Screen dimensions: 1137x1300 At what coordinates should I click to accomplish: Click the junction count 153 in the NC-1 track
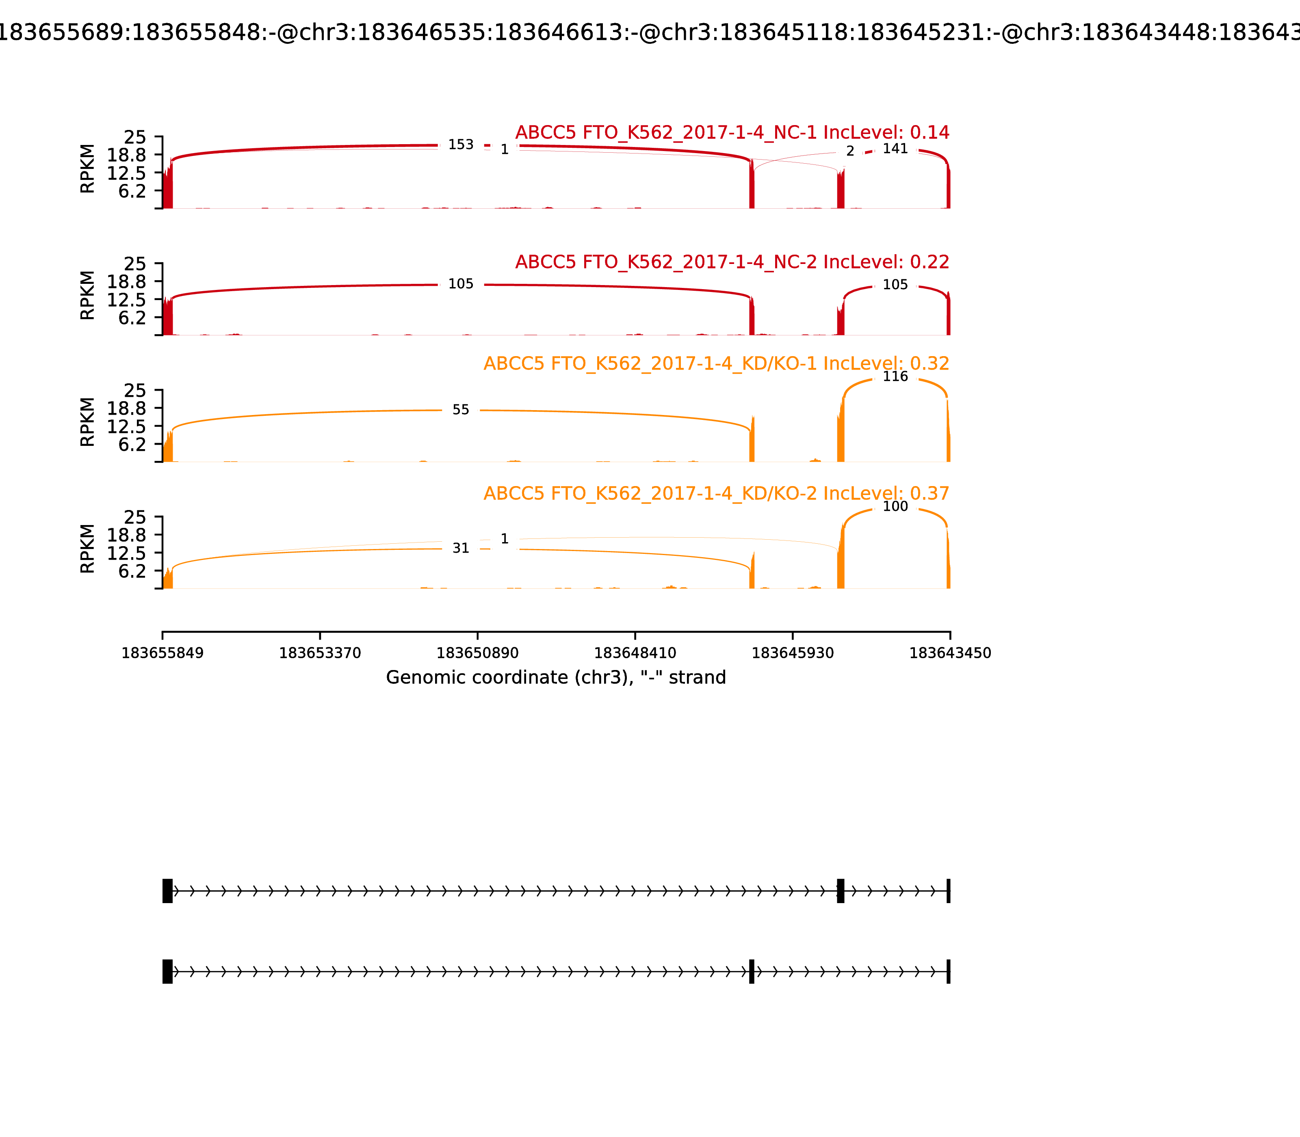[461, 145]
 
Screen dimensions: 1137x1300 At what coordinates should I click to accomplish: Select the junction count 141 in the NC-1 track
[895, 149]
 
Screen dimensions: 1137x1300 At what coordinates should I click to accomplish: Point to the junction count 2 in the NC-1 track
[850, 151]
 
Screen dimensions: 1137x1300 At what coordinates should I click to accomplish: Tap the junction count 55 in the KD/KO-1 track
[461, 410]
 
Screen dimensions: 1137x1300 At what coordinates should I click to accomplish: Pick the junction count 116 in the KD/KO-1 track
[895, 376]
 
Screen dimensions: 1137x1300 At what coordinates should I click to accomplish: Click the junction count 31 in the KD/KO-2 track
[461, 548]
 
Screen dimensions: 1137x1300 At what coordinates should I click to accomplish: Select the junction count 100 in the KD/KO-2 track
[895, 506]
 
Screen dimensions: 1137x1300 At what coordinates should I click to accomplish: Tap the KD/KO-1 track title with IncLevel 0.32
[716, 363]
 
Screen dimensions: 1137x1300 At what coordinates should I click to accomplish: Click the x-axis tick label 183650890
[477, 653]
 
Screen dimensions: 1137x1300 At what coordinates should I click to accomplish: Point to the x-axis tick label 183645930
[792, 653]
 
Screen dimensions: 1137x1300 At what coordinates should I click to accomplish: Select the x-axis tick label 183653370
[320, 653]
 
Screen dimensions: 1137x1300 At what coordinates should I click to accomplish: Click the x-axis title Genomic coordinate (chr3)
[555, 678]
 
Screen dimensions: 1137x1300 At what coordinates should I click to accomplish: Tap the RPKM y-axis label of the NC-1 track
[88, 169]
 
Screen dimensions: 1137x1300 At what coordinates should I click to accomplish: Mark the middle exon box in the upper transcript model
[841, 891]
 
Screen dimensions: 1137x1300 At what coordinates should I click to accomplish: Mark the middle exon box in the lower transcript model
[752, 971]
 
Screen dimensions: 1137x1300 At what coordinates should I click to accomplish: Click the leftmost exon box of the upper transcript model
[167, 891]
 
